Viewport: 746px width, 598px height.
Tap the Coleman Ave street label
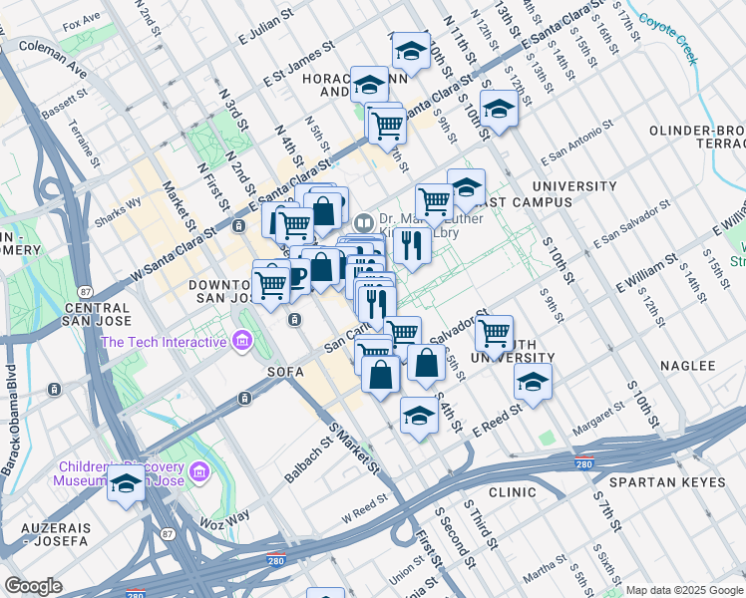tap(52, 59)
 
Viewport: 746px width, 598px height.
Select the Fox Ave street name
tap(81, 20)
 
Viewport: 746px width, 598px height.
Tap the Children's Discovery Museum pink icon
tap(197, 469)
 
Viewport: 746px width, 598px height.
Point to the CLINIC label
tap(514, 492)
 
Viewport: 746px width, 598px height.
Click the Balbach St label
tap(310, 458)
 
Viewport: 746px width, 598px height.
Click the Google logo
tap(34, 586)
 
